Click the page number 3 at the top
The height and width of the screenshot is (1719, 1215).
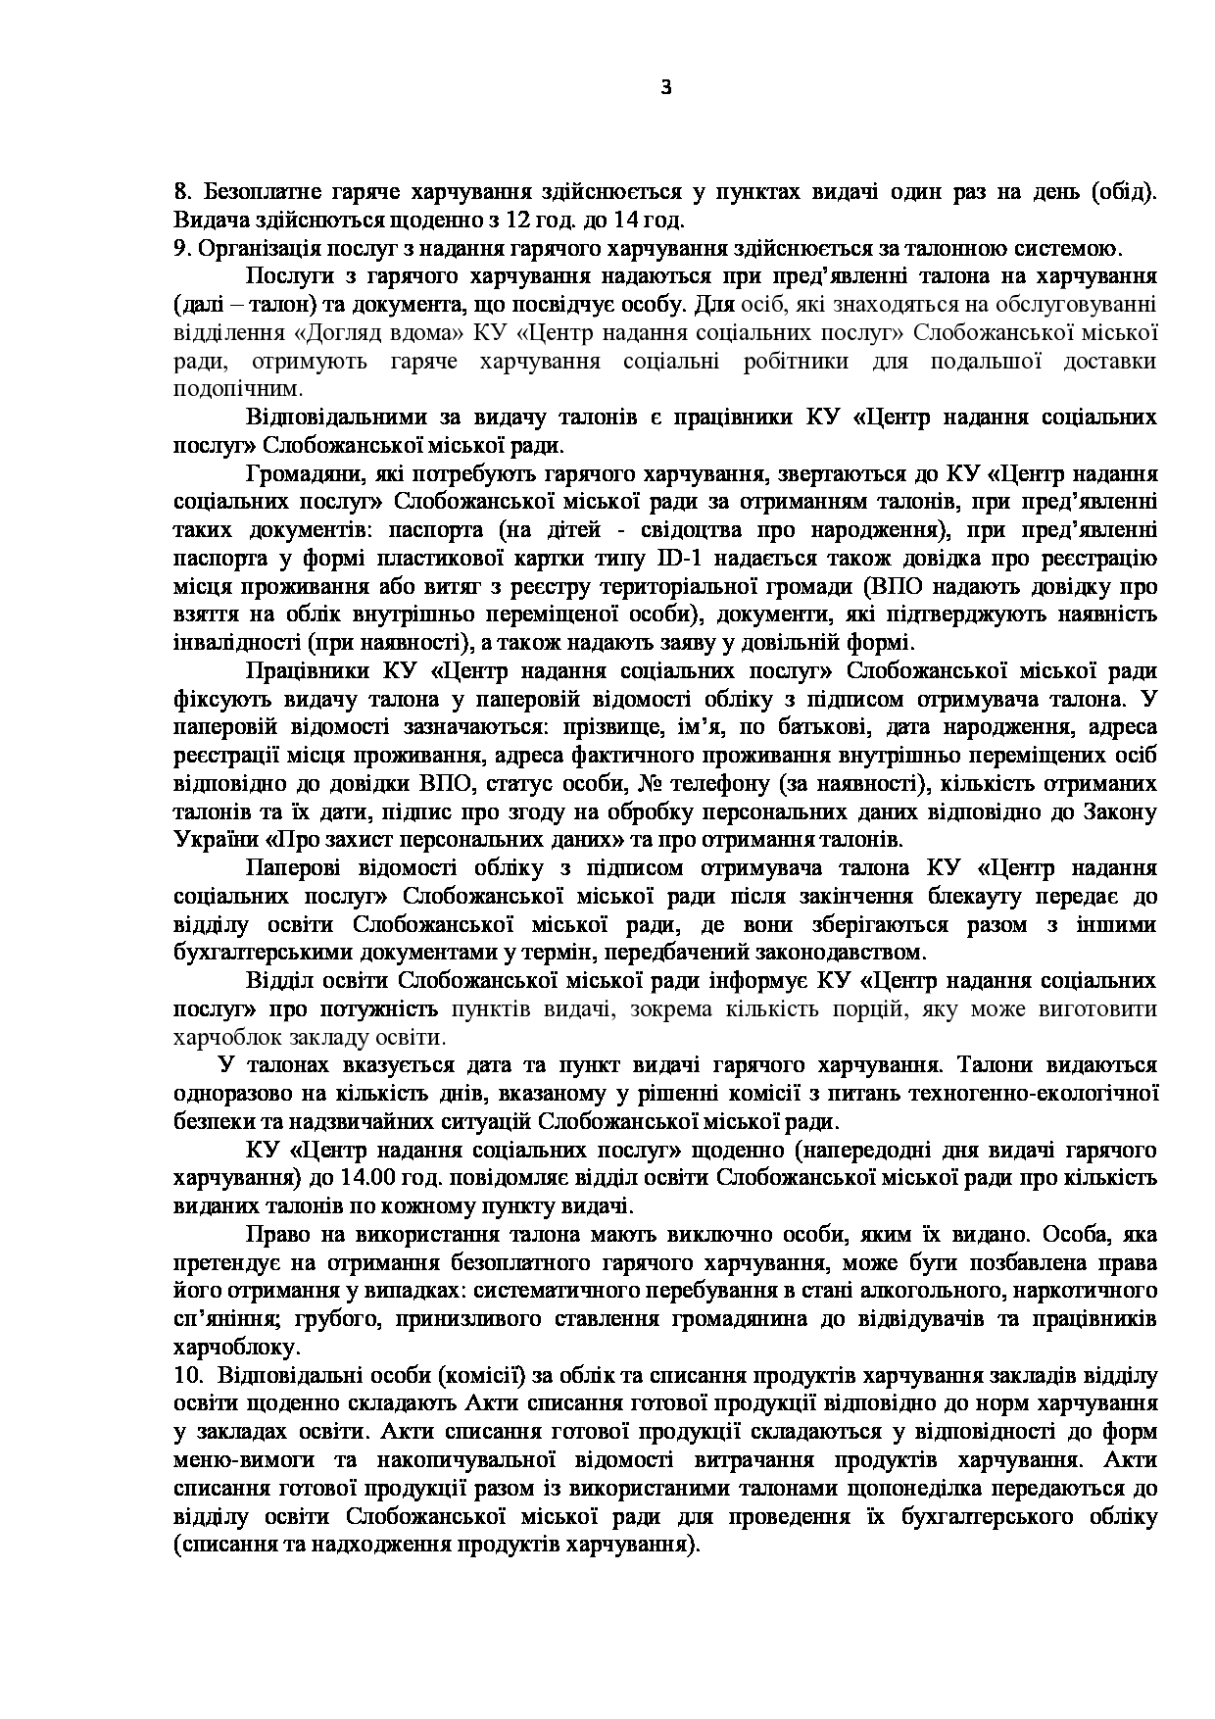coord(666,88)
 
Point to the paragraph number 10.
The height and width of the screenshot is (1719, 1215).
coord(185,1376)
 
